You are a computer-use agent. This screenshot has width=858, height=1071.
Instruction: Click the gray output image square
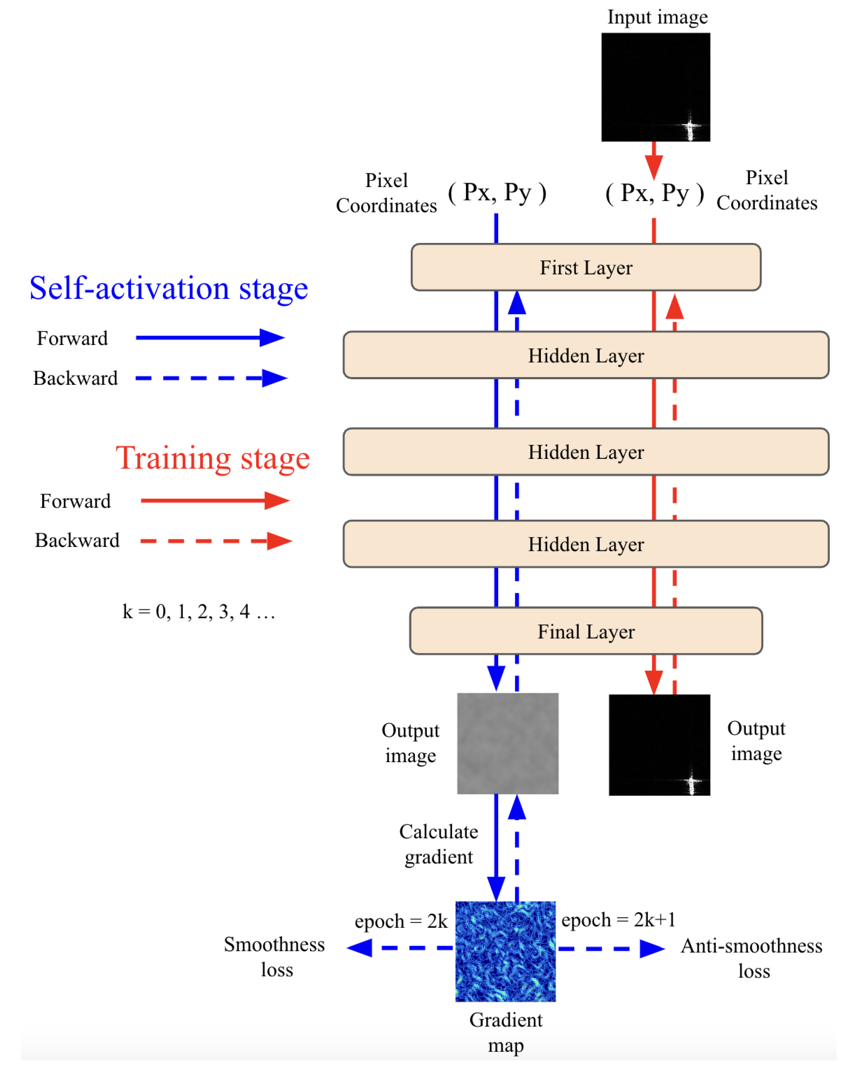(x=507, y=743)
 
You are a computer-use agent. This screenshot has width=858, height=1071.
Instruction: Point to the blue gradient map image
(x=505, y=951)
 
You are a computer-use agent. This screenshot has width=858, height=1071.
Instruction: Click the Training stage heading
(x=213, y=458)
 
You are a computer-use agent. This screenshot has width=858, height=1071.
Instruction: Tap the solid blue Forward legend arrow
(x=210, y=338)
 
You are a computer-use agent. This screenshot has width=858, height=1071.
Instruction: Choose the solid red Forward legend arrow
(x=215, y=500)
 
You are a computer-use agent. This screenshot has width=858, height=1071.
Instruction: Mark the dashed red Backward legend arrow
(x=216, y=540)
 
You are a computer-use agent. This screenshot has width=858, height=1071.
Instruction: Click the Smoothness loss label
(x=274, y=956)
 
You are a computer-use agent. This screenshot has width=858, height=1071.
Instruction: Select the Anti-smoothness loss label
(x=751, y=958)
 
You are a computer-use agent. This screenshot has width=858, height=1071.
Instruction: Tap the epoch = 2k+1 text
(x=618, y=920)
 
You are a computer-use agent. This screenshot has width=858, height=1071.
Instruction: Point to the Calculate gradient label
(x=438, y=844)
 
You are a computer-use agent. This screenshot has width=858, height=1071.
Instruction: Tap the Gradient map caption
(x=506, y=1032)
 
